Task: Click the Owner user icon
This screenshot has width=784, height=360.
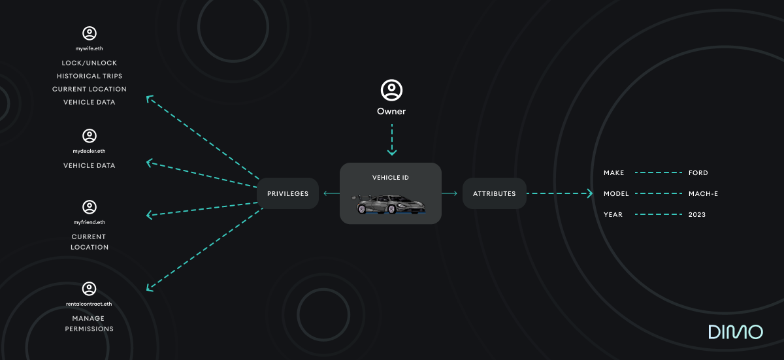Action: point(391,90)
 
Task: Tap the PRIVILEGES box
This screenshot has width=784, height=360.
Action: point(287,193)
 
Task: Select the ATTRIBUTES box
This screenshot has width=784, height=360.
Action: point(494,193)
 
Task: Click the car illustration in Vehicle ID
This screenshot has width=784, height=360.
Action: point(391,205)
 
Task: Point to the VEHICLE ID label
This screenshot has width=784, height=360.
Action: point(391,178)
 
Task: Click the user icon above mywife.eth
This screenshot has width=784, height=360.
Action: point(90,33)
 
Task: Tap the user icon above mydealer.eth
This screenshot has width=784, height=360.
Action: point(90,136)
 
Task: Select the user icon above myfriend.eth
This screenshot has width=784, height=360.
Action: point(90,207)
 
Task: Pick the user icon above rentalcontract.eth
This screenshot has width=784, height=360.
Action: point(90,289)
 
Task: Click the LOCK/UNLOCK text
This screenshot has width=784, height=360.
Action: point(90,63)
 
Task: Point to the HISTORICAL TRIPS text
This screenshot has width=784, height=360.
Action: point(90,76)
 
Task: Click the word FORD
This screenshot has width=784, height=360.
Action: point(698,173)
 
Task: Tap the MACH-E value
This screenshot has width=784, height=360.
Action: point(703,194)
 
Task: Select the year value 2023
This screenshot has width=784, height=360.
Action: point(696,215)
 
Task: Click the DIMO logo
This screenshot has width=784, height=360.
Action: point(735,332)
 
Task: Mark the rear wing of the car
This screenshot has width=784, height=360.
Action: point(360,197)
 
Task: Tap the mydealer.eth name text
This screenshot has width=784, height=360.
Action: point(90,151)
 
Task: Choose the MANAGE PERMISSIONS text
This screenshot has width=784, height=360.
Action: point(90,323)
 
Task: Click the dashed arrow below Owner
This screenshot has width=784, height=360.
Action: point(391,139)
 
